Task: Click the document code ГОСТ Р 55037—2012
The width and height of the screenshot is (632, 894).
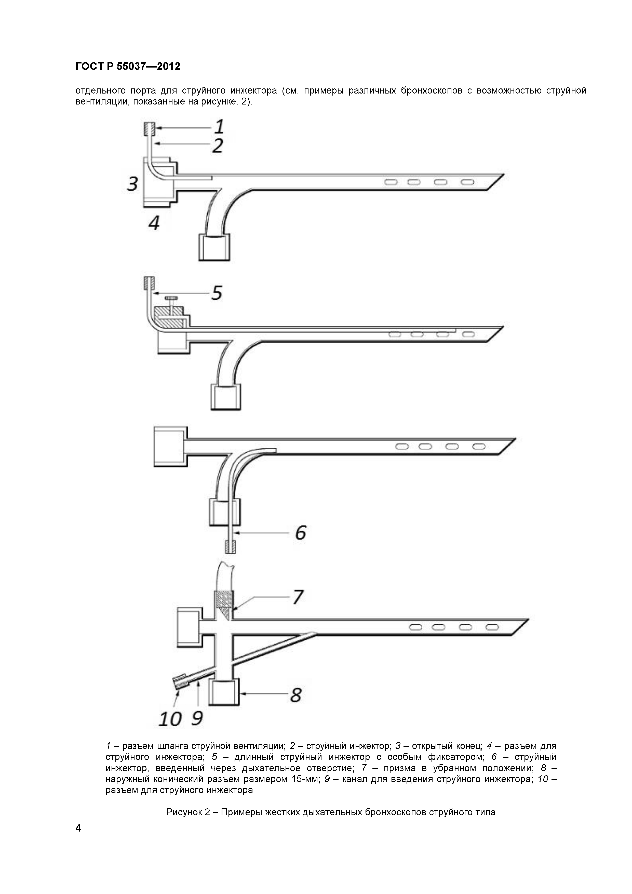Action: [128, 67]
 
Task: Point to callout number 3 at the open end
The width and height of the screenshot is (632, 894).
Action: [132, 184]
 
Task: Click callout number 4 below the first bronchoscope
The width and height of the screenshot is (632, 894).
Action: [154, 223]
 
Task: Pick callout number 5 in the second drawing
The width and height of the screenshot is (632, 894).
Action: [217, 293]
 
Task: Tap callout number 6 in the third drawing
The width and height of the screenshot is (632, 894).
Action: [300, 532]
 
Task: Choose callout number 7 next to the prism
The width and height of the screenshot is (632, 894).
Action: [298, 597]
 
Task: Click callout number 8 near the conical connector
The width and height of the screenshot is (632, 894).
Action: [296, 695]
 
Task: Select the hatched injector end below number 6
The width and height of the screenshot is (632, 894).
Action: [230, 547]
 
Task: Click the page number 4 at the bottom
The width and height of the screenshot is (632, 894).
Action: [78, 828]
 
